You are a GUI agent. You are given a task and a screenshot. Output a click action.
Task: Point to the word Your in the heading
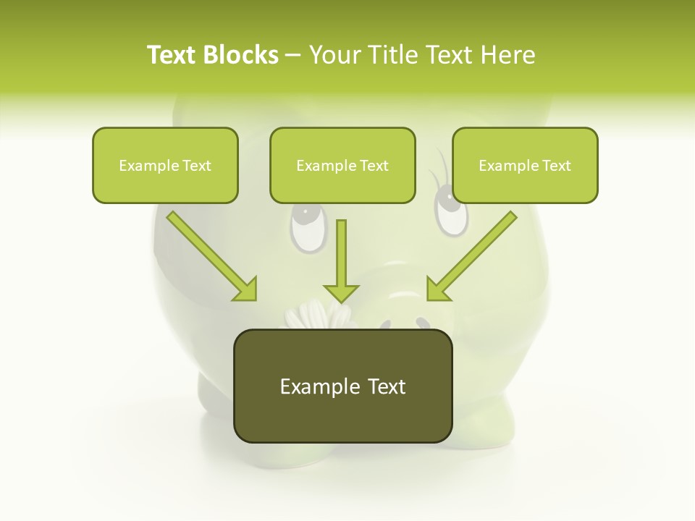pos(334,54)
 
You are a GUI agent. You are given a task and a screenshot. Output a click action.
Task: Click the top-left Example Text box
pos(165,165)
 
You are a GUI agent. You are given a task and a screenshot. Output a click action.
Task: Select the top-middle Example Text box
pos(342,165)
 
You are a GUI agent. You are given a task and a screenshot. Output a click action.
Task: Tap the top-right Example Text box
pos(525,165)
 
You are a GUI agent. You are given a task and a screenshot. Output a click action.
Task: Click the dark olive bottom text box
pos(342,386)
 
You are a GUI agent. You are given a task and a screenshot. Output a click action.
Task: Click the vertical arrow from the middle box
pos(341,257)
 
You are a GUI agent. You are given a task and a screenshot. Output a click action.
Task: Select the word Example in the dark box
pos(310,386)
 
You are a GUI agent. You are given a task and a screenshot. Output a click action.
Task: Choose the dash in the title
pos(293,54)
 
